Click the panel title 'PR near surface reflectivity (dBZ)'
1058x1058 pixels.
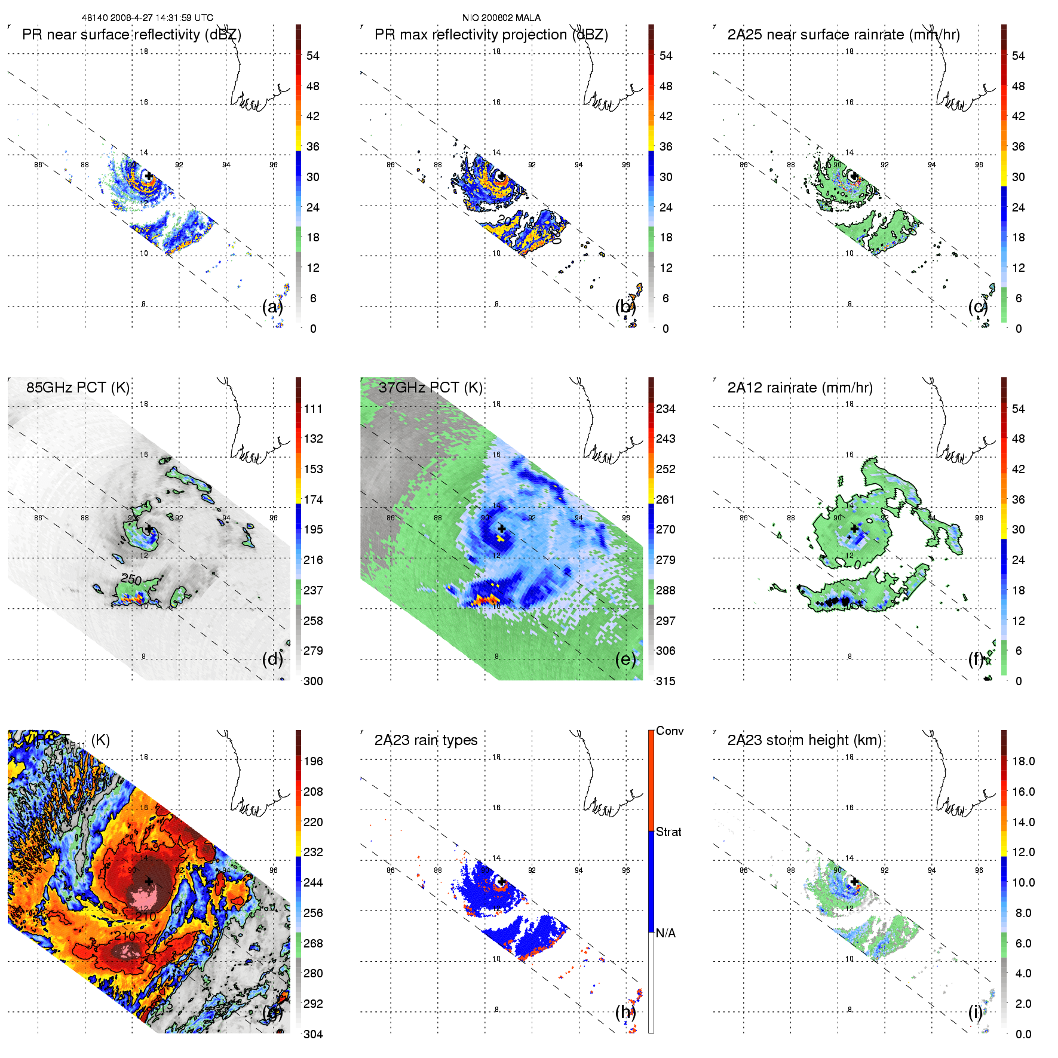(131, 35)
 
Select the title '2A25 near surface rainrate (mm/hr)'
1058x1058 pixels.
(844, 35)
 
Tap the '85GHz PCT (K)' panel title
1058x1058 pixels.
(78, 388)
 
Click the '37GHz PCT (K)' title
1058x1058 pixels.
(430, 388)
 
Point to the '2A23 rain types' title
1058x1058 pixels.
(425, 740)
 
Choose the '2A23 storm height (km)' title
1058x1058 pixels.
(804, 740)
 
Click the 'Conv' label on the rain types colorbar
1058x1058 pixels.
(670, 731)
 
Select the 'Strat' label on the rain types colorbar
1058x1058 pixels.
(668, 832)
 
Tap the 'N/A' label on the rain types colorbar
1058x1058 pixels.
(666, 933)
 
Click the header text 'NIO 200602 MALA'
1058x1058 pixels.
(501, 18)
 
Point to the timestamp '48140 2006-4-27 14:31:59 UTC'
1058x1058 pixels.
(148, 18)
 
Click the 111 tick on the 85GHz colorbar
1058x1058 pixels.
(313, 409)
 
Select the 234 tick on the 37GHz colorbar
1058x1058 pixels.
(666, 409)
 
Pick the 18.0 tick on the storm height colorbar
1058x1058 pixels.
(1023, 762)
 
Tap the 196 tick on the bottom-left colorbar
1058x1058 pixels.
(313, 762)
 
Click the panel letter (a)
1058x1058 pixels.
(272, 307)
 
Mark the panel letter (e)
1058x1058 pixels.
(625, 660)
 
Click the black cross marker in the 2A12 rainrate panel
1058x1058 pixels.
(854, 529)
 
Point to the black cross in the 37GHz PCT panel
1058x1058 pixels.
(501, 529)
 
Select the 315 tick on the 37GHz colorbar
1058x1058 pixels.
(666, 682)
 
